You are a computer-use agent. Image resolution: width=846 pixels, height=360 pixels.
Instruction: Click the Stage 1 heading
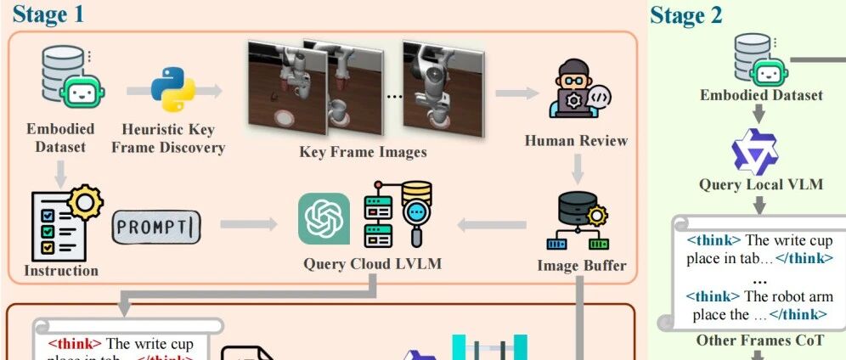pyautogui.click(x=48, y=14)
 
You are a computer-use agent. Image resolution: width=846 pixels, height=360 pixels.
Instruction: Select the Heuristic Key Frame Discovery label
pyautogui.click(x=174, y=138)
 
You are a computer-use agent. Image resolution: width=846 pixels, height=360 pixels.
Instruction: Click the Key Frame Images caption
pyautogui.click(x=363, y=153)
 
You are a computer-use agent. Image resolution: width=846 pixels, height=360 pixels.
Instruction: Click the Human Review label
pyautogui.click(x=576, y=140)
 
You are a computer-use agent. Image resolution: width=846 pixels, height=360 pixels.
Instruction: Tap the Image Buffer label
pyautogui.click(x=582, y=266)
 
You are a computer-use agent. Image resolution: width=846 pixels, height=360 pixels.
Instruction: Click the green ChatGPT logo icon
pyautogui.click(x=324, y=218)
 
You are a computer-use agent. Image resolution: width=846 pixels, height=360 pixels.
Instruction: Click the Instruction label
pyautogui.click(x=61, y=271)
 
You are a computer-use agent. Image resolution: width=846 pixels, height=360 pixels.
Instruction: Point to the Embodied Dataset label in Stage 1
pyautogui.click(x=60, y=138)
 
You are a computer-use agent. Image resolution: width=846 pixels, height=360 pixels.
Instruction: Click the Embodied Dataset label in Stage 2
pyautogui.click(x=761, y=95)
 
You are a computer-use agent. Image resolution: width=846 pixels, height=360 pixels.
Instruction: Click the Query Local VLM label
pyautogui.click(x=761, y=184)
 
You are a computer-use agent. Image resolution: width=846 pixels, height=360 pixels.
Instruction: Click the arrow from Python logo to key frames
pyautogui.click(x=215, y=90)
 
